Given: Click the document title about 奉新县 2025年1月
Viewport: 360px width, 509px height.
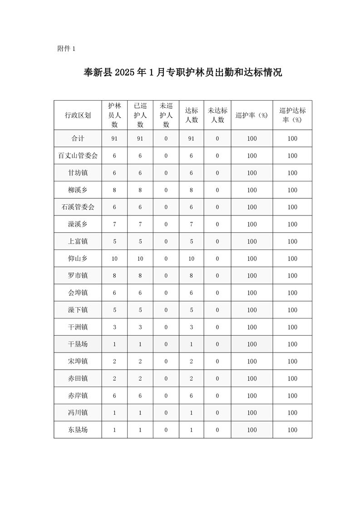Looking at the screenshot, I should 183,73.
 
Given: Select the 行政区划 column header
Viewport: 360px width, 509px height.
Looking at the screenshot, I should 78,115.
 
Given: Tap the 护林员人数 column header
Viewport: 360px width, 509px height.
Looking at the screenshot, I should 114,115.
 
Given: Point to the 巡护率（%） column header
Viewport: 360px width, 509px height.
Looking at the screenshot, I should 252,115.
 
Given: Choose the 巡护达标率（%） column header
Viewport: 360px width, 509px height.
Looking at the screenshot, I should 292,115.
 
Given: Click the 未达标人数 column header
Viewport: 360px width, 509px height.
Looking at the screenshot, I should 217,115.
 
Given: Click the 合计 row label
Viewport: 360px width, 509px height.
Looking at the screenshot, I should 78,138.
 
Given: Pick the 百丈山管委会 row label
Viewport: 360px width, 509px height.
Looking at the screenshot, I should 78,156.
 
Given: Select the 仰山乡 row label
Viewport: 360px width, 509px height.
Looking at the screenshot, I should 78,259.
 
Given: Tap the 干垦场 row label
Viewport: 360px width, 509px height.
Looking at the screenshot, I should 78,344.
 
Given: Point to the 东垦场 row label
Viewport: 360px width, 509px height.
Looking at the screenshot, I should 78,430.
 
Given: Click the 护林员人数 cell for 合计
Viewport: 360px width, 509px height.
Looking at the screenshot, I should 114,138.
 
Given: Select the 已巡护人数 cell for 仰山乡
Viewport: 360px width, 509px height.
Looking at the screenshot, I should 140,259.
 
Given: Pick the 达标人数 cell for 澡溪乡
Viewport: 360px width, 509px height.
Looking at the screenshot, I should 192,224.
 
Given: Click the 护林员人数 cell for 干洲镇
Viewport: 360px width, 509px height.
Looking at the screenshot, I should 114,327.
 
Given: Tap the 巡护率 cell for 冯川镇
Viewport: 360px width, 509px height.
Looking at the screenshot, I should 252,413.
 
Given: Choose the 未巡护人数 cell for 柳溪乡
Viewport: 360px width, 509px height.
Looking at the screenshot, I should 166,190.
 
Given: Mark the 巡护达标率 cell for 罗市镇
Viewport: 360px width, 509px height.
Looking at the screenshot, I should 292,276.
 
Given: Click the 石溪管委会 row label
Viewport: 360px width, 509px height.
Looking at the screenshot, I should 78,207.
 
